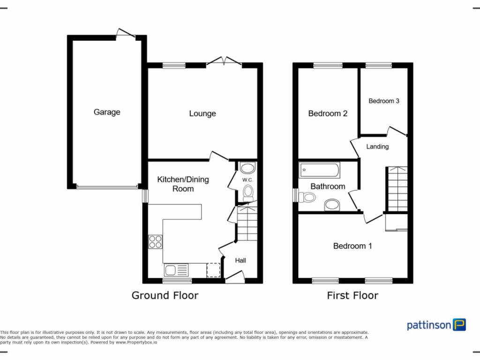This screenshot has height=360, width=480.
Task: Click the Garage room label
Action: pyautogui.click(x=107, y=112)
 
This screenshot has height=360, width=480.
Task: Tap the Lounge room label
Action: pyautogui.click(x=202, y=113)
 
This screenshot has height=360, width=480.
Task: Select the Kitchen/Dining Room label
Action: pyautogui.click(x=183, y=184)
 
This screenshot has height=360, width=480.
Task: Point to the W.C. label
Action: pyautogui.click(x=247, y=180)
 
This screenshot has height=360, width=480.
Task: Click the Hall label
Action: pyautogui.click(x=240, y=261)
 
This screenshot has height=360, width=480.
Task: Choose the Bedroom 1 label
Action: pyautogui.click(x=352, y=246)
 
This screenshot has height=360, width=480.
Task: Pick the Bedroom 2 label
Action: pyautogui.click(x=328, y=113)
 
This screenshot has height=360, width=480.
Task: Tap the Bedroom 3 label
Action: pyautogui.click(x=384, y=101)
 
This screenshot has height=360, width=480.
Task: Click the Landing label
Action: pyautogui.click(x=377, y=147)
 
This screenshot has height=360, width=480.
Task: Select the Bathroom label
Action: pyautogui.click(x=328, y=187)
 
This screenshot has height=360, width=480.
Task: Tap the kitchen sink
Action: pyautogui.click(x=176, y=270)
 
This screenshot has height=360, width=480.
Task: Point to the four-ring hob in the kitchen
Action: pyautogui.click(x=155, y=241)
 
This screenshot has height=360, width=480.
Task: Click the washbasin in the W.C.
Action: pyautogui.click(x=247, y=168)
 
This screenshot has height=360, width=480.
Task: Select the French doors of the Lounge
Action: pyautogui.click(x=224, y=61)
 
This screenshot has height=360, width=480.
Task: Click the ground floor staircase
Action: pyautogui.click(x=247, y=224)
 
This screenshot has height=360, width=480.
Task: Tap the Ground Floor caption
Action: pyautogui.click(x=165, y=295)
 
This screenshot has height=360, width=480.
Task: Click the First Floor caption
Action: pyautogui.click(x=352, y=295)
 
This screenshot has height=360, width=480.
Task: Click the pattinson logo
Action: pyautogui.click(x=436, y=324)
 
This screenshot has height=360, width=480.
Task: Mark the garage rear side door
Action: pyautogui.click(x=126, y=34)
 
